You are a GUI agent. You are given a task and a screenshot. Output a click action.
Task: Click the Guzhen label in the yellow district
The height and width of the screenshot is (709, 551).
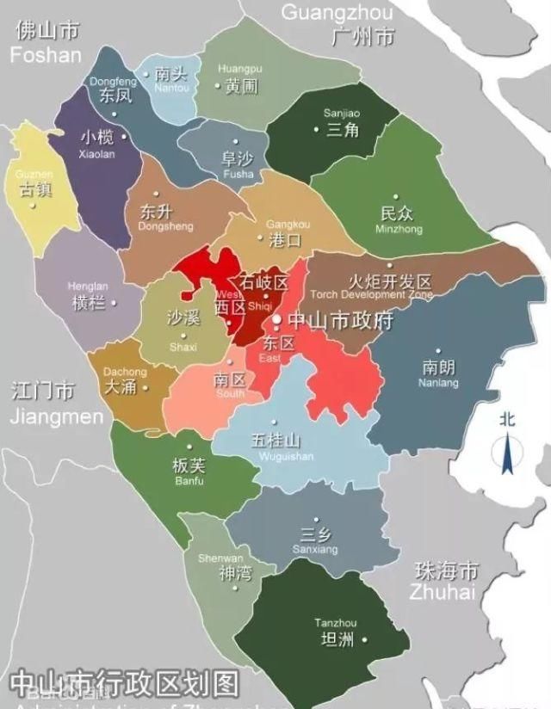click(34, 182)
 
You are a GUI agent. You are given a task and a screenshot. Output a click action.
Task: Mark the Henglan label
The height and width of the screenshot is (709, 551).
click(89, 295)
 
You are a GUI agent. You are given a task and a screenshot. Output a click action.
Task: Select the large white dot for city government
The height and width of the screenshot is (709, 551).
click(276, 320)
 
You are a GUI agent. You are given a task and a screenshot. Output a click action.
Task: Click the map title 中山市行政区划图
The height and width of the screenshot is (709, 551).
click(125, 684)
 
